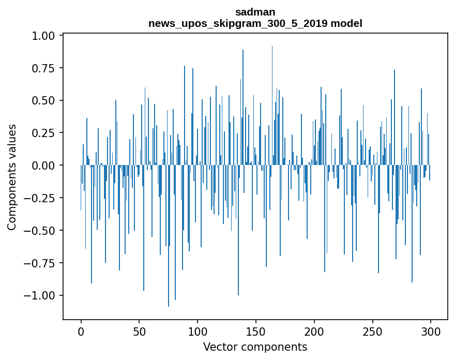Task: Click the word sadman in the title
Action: [255, 12]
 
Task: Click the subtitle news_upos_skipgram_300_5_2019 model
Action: [255, 23]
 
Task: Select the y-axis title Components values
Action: [12, 177]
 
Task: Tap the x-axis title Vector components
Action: [255, 347]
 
